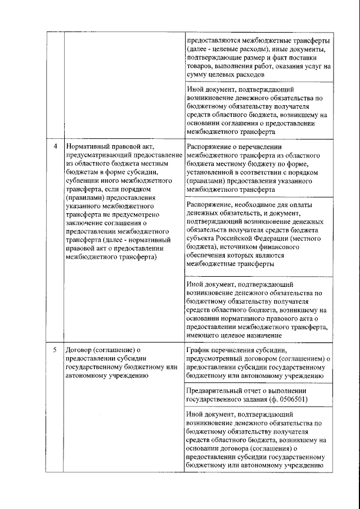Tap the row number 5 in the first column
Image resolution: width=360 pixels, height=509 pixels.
[55, 349]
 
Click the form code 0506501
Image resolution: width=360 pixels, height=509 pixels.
[292, 399]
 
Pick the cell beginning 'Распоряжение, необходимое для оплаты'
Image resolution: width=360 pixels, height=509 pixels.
[258, 233]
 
